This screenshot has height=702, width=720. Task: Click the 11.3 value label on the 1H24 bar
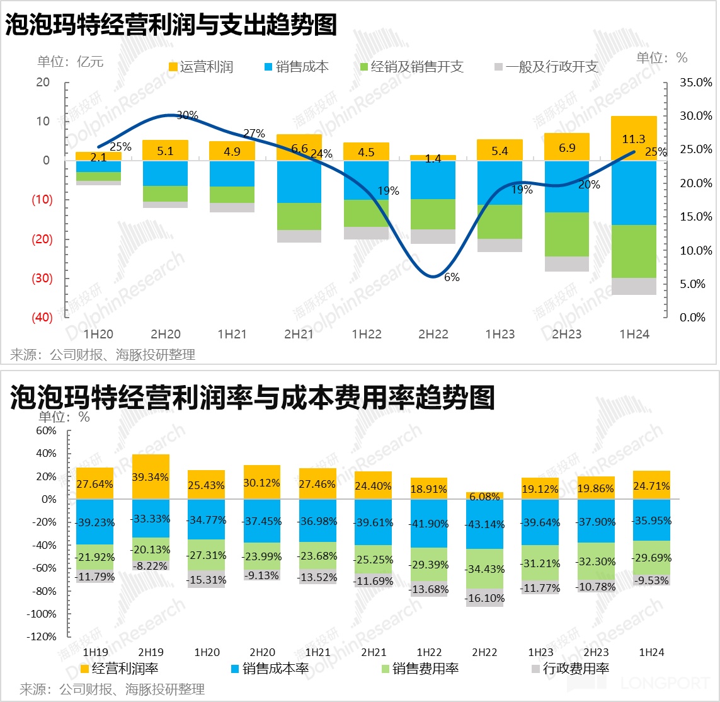click(634, 140)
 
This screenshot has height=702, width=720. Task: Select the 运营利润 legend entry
click(200, 67)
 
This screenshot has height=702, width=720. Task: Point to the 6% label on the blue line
click(452, 277)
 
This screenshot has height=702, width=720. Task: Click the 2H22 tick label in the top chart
click(433, 334)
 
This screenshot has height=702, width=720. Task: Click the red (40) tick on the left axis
click(42, 317)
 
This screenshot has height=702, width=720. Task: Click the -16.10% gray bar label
click(484, 598)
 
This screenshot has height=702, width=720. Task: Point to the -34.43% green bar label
click(484, 569)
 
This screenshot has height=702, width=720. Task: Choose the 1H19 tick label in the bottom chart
click(95, 652)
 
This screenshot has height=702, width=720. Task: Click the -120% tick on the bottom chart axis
click(41, 636)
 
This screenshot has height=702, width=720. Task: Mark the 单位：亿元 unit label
click(70, 61)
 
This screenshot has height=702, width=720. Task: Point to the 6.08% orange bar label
click(484, 497)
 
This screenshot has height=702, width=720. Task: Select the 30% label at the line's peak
click(187, 115)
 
